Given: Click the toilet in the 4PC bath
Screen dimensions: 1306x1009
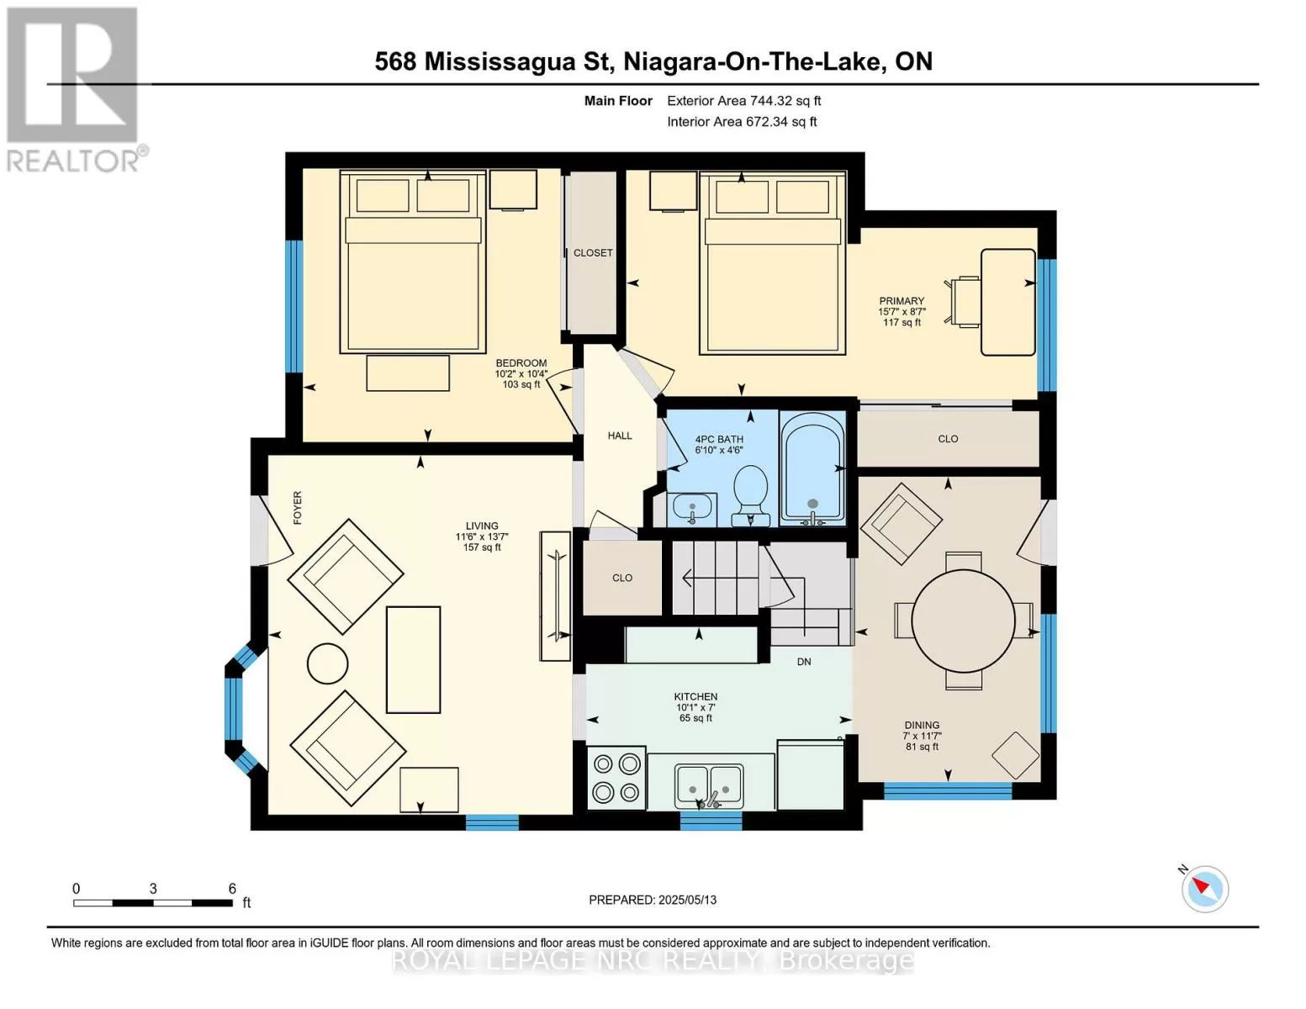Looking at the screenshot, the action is coord(751,495).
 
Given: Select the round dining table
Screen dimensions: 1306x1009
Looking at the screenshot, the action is coord(964,621).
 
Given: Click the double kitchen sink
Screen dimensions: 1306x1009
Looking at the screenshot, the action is coord(709,787).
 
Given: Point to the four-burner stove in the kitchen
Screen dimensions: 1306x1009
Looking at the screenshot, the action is coord(616,778).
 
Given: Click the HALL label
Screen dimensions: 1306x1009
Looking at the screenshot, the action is coord(620,436).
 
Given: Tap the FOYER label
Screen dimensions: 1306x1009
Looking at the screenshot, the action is coord(298,508).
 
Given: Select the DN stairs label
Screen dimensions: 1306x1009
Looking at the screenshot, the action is coord(804,662).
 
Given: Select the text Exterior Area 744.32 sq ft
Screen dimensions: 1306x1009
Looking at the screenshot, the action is coord(744,101).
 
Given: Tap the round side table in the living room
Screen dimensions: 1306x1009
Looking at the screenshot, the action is coord(328,664).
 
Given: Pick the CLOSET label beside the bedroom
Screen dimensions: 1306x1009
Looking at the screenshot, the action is coord(593,253).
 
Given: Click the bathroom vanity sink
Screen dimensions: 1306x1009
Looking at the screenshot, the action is coord(692,510).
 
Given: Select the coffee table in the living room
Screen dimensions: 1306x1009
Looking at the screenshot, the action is coord(414,660).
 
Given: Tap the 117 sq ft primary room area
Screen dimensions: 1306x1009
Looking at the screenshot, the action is coord(902,323).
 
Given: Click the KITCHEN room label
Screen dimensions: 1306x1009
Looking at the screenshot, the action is coord(695,696).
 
